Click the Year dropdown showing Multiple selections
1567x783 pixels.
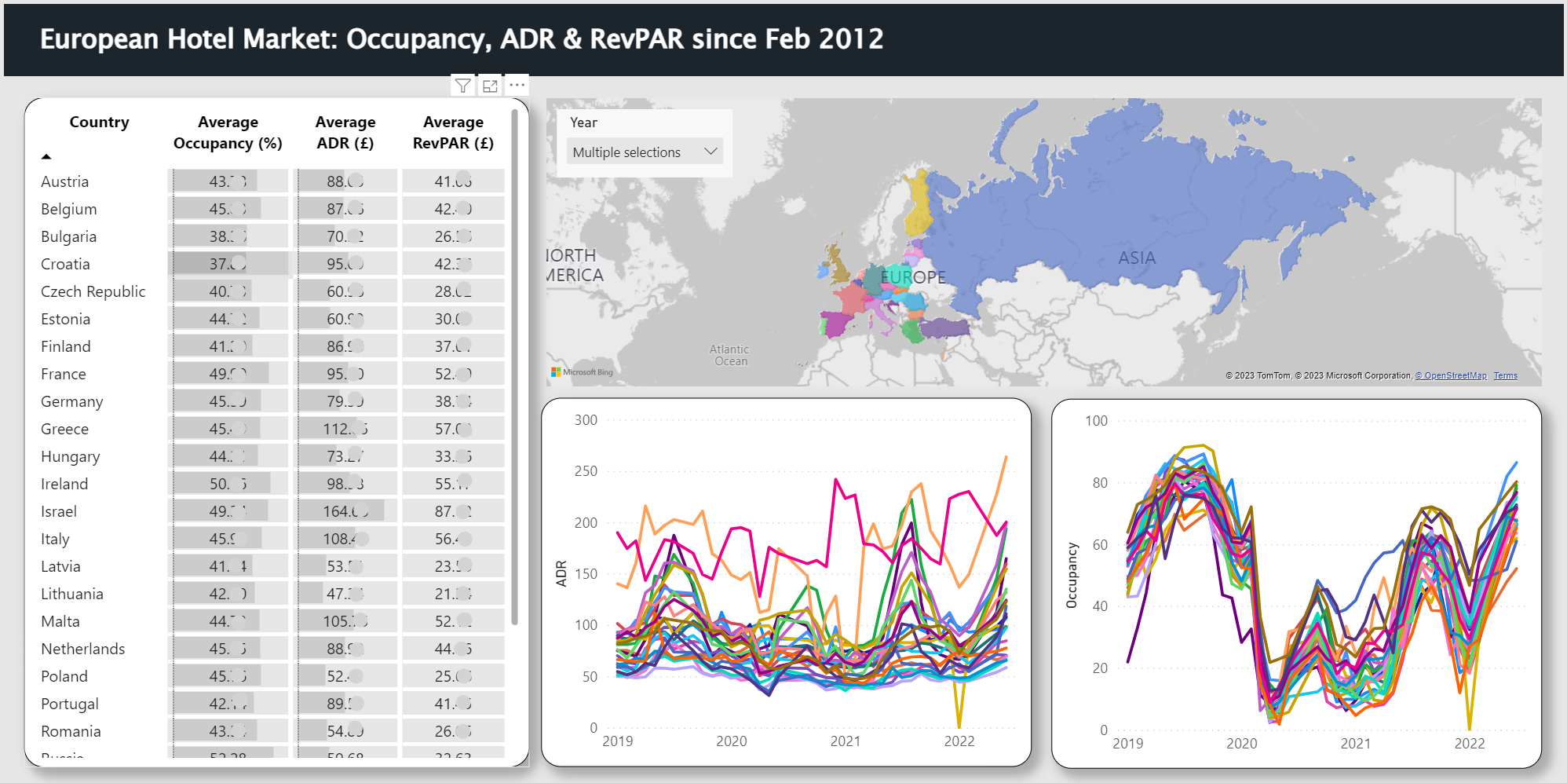pyautogui.click(x=643, y=152)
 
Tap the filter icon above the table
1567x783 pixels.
pyautogui.click(x=463, y=86)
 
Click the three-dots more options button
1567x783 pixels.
pyautogui.click(x=517, y=85)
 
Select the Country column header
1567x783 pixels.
pyautogui.click(x=99, y=123)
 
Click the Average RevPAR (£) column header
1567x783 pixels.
pyautogui.click(x=453, y=132)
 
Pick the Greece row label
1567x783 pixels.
pyautogui.click(x=64, y=429)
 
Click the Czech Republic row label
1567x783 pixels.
pyautogui.click(x=93, y=291)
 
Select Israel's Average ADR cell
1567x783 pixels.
pyautogui.click(x=345, y=511)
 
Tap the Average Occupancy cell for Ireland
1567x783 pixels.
pyautogui.click(x=228, y=484)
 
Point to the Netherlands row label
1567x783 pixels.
pyautogui.click(x=82, y=649)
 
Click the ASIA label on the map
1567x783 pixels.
pyautogui.click(x=1136, y=258)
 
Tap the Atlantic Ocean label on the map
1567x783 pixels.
pyautogui.click(x=729, y=355)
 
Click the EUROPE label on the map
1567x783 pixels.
pyautogui.click(x=913, y=277)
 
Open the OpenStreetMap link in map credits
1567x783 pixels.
pyautogui.click(x=1451, y=375)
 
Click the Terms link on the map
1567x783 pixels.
pyautogui.click(x=1505, y=375)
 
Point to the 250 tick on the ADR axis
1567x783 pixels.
pyautogui.click(x=586, y=471)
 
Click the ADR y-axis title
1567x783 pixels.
pyautogui.click(x=561, y=573)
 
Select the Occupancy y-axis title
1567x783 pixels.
pyautogui.click(x=1072, y=575)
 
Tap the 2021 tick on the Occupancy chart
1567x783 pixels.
pyautogui.click(x=1355, y=743)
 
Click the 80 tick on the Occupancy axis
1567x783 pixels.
pyautogui.click(x=1100, y=483)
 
